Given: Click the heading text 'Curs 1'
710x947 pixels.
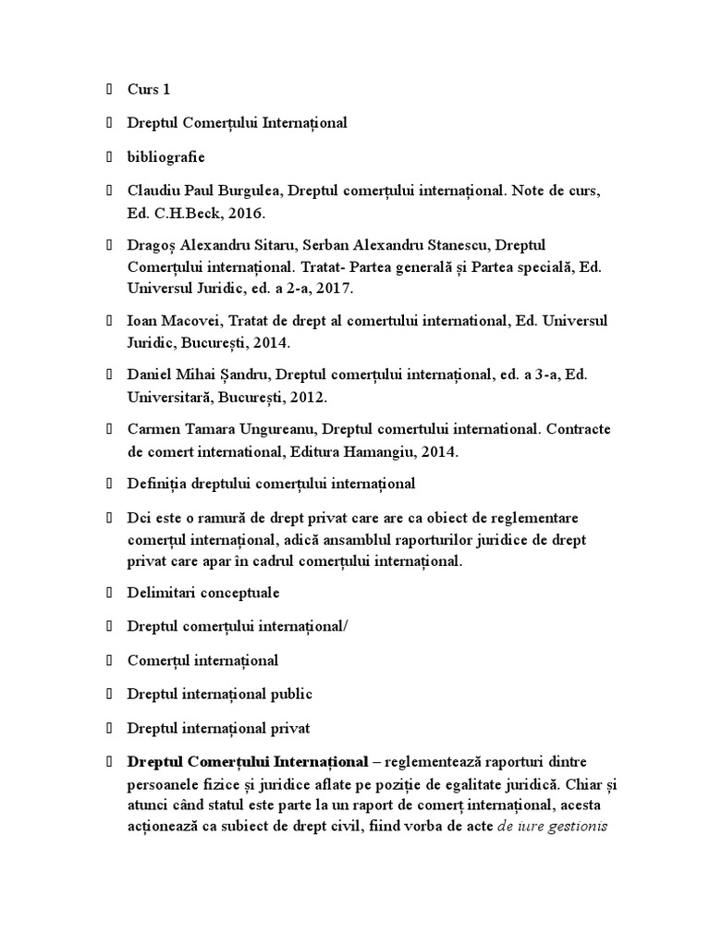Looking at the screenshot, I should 149,90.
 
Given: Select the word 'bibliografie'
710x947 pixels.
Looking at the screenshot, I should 166,156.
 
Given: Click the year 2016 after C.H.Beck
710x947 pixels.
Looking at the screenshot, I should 248,213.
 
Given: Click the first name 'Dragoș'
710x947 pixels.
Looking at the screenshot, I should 153,246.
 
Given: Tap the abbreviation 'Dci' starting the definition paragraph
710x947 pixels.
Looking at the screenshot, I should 139,517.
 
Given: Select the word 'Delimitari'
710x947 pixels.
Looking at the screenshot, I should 160,593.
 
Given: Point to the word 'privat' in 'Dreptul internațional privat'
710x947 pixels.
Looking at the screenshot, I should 289,727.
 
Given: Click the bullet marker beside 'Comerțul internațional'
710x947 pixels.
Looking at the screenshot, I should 108,660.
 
